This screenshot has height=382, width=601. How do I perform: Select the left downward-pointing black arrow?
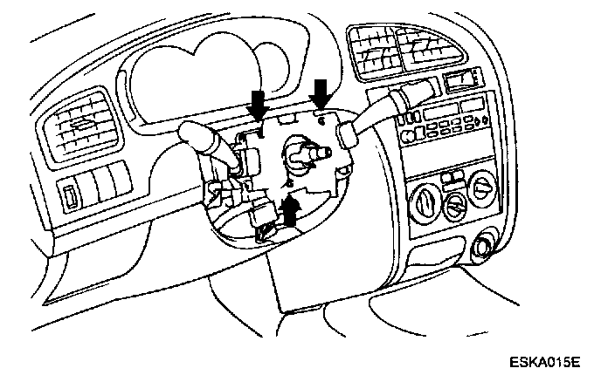[259, 102]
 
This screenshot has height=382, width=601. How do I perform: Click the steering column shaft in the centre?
[300, 157]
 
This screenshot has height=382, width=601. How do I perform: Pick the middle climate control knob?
[454, 208]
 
